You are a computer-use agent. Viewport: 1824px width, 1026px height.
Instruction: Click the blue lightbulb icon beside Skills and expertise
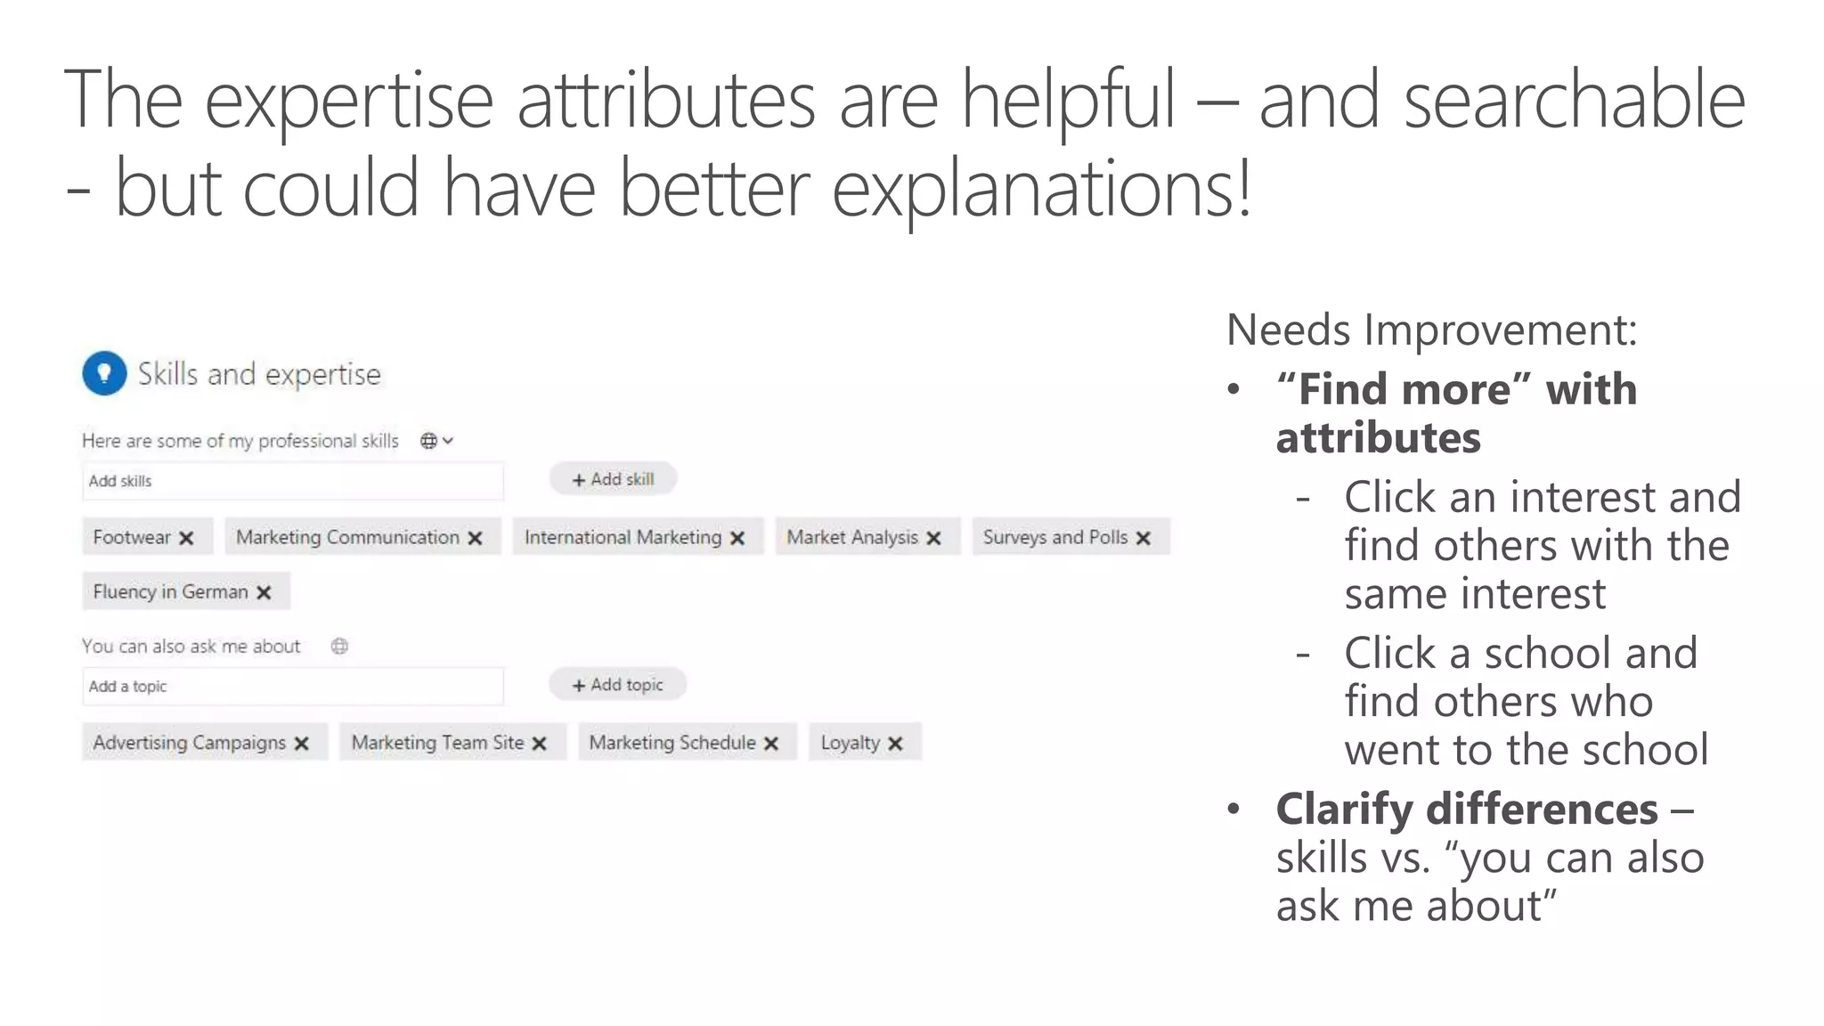pos(104,373)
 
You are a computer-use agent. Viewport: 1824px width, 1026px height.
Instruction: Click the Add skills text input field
pos(292,481)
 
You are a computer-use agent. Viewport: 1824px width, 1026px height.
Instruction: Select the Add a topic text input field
pos(292,687)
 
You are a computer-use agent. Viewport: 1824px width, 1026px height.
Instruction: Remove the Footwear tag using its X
pos(186,538)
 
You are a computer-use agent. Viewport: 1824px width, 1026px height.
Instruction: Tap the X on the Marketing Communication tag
pos(475,538)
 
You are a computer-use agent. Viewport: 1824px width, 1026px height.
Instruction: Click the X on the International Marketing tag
pos(737,538)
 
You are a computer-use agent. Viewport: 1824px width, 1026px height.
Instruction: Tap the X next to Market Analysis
pos(933,538)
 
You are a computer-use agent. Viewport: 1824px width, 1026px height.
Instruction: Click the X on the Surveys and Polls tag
pos(1144,538)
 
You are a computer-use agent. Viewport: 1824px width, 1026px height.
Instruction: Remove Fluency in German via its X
pos(264,592)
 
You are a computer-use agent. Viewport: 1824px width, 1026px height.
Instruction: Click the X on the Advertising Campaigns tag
pos(302,744)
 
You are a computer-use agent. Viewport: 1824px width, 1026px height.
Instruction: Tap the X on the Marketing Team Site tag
pos(539,744)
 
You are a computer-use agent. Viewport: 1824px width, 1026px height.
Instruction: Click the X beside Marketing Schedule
pos(771,744)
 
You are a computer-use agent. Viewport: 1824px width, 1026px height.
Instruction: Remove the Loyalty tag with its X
pos(895,744)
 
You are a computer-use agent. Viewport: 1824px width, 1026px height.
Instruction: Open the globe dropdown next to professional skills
pos(436,441)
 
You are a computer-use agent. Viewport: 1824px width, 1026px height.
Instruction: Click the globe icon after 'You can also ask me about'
pos(339,647)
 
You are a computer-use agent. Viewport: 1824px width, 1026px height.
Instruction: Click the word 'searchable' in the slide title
pos(1574,101)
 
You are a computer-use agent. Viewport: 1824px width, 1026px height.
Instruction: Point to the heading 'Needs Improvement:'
pos(1431,330)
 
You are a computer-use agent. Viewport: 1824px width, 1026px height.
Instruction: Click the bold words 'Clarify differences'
pos(1466,810)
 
